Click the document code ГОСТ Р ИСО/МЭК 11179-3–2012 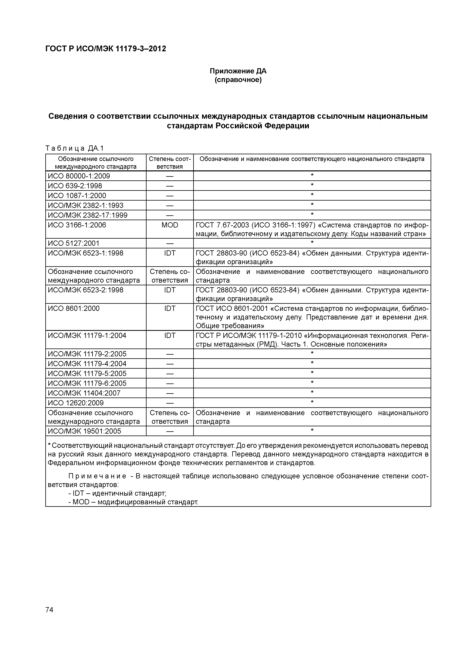coord(106,49)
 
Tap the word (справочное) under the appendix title coord(238,80)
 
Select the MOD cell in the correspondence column coord(170,225)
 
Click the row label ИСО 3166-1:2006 coord(77,225)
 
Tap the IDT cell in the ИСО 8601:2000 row coord(170,309)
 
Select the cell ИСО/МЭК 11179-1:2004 coord(87,336)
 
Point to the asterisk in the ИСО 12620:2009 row coord(312,402)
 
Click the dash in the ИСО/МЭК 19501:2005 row coord(170,431)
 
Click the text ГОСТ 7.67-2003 coord(222,225)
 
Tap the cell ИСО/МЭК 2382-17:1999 coord(87,215)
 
